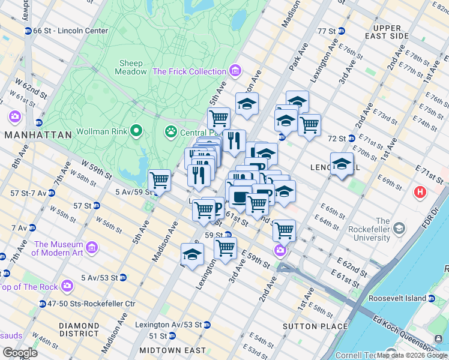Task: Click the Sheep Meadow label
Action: point(131,67)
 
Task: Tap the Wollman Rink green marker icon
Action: point(136,130)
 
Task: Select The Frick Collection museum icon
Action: point(235,71)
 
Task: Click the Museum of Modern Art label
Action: point(57,248)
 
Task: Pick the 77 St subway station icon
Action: point(342,31)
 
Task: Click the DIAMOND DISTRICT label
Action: point(79,329)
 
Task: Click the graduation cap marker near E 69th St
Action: point(342,163)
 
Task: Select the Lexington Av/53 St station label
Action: point(175,325)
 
